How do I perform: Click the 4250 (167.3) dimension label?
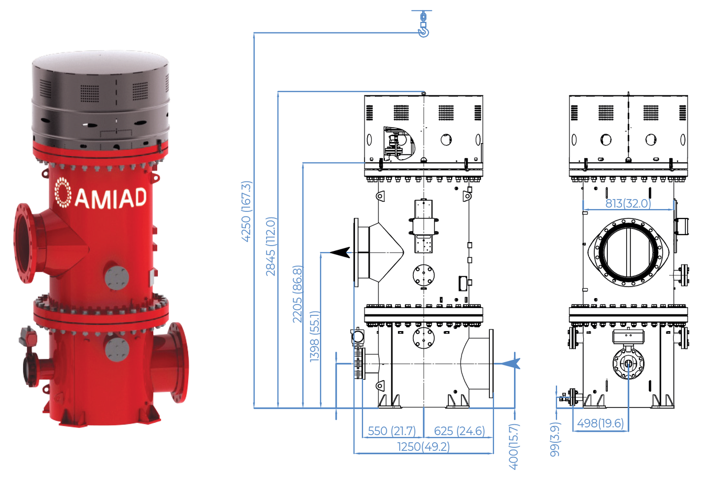point(246,211)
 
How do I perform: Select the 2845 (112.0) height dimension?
point(271,246)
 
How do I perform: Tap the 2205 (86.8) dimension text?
point(297,294)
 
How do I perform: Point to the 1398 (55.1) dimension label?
point(315,336)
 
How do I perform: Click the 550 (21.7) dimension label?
point(392,431)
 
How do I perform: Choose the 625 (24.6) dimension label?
point(459,431)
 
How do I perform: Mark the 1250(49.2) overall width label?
point(423,447)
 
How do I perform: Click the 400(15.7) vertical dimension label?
point(513,446)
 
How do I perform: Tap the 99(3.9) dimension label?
point(555,439)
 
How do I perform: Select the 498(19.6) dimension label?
point(600,423)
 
